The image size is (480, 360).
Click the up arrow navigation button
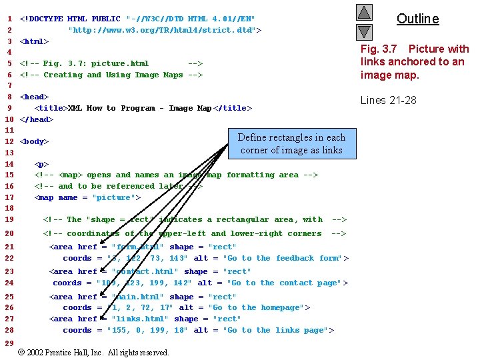363,12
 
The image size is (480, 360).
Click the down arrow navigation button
363,31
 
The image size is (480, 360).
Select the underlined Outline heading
418,19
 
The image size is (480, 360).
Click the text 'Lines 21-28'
389,101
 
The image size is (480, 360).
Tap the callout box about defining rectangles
291,143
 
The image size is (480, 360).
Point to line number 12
9,141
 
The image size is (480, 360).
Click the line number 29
9,343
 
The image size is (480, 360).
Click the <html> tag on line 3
34,41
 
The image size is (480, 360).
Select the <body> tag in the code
34,141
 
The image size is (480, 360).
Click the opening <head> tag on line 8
34,97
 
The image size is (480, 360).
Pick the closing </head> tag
37,119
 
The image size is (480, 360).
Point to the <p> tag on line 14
41,164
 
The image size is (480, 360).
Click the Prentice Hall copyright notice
93,352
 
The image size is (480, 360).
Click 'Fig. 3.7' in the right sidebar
379,49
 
